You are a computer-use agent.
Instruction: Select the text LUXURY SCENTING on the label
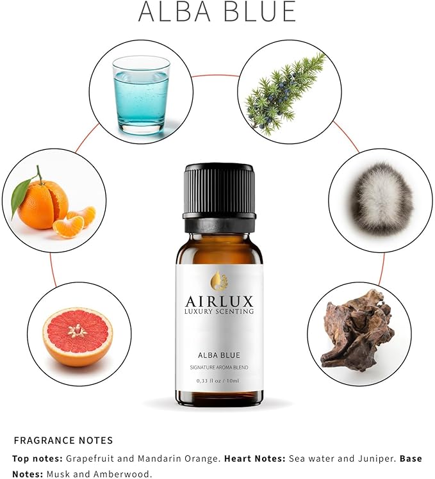pos(218,312)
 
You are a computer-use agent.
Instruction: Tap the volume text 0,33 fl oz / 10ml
pos(218,382)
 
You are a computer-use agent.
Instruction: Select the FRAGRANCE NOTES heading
pos(63,441)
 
